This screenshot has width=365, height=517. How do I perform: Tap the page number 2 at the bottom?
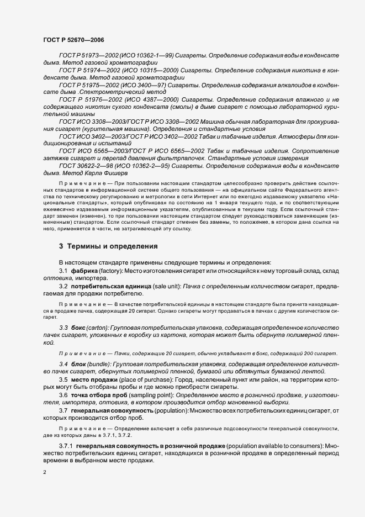click(x=44, y=473)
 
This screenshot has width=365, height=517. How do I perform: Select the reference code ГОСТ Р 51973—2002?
click(x=86, y=58)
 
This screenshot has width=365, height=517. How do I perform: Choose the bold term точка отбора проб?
click(x=101, y=395)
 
